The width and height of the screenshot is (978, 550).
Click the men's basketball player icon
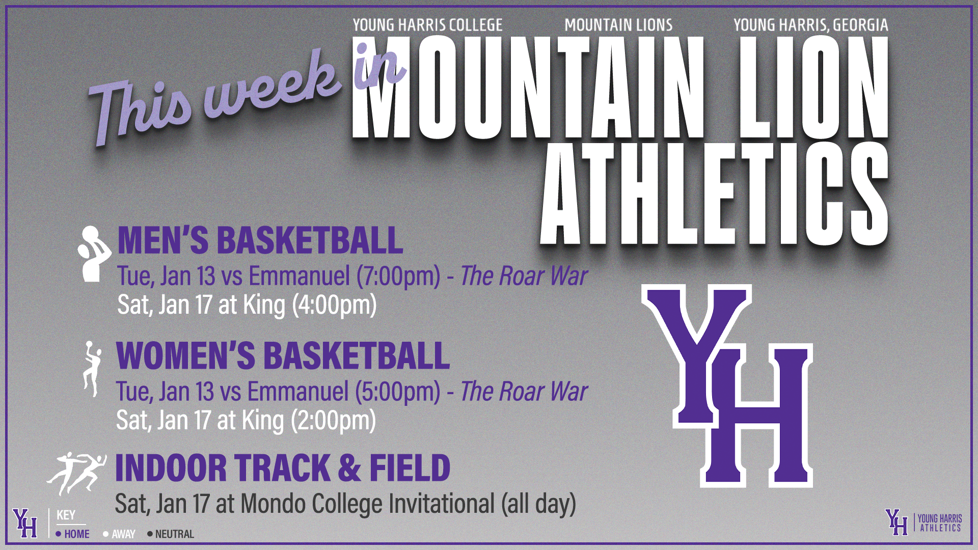coord(94,254)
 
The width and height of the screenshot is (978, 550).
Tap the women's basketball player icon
coord(92,369)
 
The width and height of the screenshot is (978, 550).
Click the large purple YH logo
coord(727,386)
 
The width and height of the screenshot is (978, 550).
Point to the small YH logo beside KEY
coord(25,523)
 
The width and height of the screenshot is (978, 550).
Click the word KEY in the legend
coord(66,515)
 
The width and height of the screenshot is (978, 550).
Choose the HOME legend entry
coord(72,534)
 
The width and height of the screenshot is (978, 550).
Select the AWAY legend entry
coord(119,534)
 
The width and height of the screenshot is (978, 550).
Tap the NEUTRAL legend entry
coord(171,534)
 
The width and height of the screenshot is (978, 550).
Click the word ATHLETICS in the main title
coord(715,194)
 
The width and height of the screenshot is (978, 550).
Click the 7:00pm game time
coord(398,276)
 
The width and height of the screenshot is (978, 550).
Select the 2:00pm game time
coord(333,421)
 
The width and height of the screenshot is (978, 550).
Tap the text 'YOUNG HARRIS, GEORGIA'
coord(811,25)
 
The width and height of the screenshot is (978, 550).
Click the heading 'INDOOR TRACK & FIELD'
coord(283,468)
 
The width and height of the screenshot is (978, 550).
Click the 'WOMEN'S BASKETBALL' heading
coord(283,355)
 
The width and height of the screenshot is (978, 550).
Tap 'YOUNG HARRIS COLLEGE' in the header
coord(428,25)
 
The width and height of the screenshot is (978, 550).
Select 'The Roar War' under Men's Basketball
coord(524,276)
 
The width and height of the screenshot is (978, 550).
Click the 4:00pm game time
coord(334,305)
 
